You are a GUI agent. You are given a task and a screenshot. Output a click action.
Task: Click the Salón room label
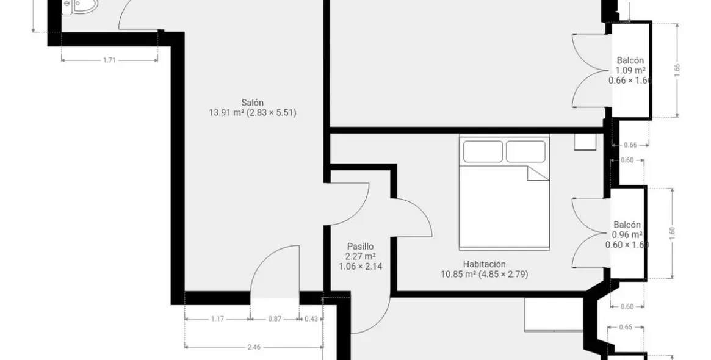252,103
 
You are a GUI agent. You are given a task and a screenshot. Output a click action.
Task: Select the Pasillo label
361,247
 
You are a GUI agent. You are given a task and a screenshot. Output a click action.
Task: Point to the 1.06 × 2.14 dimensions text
361,267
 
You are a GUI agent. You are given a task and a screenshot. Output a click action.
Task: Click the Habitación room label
485,264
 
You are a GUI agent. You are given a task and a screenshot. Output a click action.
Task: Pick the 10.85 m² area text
458,274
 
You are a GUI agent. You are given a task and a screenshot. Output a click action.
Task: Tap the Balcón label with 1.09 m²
630,60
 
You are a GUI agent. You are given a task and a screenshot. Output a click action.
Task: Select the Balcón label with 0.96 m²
627,225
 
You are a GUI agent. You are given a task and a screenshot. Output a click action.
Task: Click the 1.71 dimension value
110,60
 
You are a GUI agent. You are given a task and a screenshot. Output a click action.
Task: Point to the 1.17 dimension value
217,319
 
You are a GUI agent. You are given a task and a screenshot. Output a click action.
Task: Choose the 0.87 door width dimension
275,319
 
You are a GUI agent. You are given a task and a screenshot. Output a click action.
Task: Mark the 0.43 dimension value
311,319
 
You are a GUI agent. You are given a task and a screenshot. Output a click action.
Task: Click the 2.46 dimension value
254,347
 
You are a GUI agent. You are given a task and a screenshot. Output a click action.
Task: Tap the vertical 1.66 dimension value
677,70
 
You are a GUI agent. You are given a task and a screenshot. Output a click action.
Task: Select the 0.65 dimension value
626,327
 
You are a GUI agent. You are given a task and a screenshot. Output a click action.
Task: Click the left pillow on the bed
483,151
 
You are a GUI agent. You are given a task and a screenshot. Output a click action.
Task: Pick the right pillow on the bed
525,151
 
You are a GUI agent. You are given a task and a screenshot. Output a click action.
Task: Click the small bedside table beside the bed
583,142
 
